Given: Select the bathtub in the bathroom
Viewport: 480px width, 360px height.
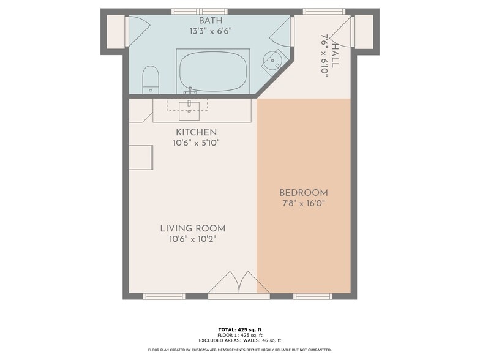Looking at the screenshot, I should [x=212, y=72].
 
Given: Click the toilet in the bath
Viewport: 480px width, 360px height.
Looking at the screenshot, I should [x=150, y=80].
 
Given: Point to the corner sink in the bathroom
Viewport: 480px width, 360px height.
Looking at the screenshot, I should [x=274, y=61].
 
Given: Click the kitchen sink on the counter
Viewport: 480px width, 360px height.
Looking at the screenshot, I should [x=189, y=110].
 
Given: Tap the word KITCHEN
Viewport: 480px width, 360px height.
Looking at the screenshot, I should [x=196, y=132].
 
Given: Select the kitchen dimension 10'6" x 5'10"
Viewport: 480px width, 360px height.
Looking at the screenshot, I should [x=196, y=143].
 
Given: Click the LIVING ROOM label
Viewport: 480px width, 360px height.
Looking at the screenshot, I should [x=193, y=228].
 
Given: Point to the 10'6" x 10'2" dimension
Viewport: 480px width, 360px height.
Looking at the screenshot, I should [x=193, y=239].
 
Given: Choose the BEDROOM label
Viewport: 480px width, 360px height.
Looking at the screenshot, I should [x=304, y=193].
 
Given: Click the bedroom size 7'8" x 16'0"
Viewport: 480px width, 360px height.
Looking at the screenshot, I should [x=304, y=203].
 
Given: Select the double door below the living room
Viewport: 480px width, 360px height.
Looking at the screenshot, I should [x=239, y=285].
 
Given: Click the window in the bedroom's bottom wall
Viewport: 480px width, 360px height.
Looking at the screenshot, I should [x=312, y=296].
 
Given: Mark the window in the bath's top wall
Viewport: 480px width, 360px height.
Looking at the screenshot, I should [x=199, y=11].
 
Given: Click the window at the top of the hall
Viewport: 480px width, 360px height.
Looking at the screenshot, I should [x=324, y=11].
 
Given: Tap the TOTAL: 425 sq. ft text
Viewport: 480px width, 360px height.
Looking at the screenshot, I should [x=240, y=330].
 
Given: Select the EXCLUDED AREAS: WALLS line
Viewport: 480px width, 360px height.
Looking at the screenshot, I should [x=240, y=340].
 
